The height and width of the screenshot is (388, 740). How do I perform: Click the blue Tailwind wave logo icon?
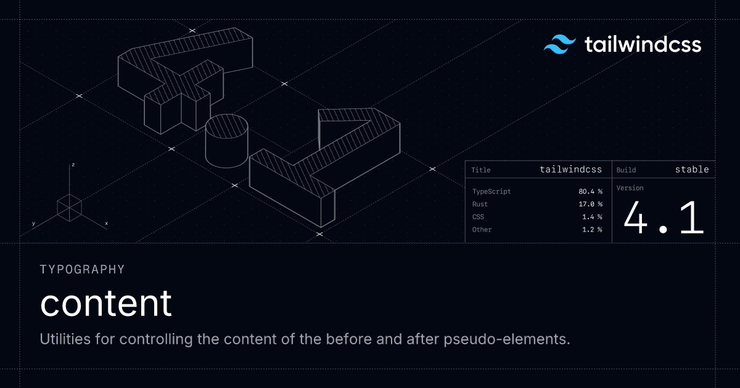[560, 44]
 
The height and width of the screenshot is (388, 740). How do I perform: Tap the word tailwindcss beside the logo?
[643, 44]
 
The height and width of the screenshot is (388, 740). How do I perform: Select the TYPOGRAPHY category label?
[82, 270]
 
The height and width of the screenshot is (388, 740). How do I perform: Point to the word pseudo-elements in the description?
[507, 339]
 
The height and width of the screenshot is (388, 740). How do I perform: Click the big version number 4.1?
[664, 219]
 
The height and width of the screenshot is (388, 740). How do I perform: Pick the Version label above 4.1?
[630, 188]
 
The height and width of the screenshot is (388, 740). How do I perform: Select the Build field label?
[626, 170]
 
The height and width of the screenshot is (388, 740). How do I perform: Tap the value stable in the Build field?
[692, 169]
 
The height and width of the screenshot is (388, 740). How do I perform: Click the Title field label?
[480, 170]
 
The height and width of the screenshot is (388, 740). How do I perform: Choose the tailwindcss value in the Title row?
[570, 169]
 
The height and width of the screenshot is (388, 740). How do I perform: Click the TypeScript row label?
[491, 192]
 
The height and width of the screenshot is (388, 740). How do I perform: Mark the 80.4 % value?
[590, 192]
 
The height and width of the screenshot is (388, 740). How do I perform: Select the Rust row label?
[480, 204]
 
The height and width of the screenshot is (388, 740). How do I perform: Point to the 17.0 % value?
[590, 204]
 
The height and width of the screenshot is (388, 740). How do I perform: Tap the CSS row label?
[478, 217]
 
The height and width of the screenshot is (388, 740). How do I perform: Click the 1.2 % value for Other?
[592, 230]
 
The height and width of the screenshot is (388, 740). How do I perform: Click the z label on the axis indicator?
[73, 164]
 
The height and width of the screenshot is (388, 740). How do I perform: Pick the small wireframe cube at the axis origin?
[69, 208]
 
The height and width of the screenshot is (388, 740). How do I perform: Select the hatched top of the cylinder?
[227, 127]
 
